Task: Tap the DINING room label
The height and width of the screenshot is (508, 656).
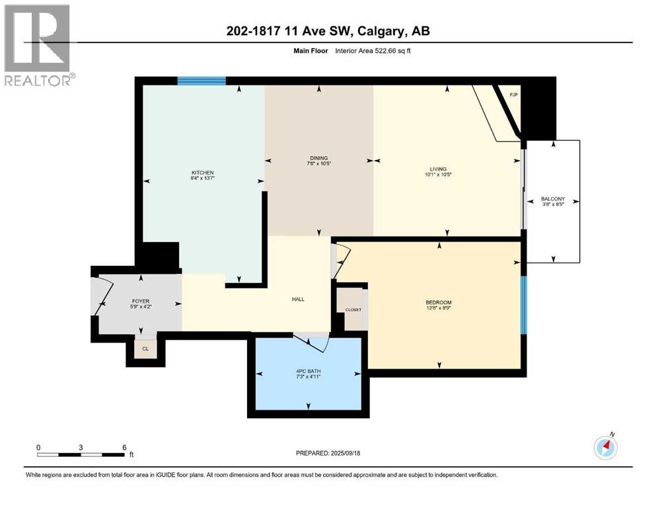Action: pyautogui.click(x=318, y=157)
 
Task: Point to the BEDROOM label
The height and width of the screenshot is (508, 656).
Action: pyautogui.click(x=438, y=303)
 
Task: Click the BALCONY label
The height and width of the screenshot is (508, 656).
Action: pyautogui.click(x=552, y=198)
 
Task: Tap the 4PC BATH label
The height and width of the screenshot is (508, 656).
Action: pyautogui.click(x=307, y=372)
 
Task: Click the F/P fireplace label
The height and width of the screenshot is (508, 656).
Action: pyautogui.click(x=513, y=95)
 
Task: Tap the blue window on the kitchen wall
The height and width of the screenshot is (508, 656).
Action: pyautogui.click(x=201, y=81)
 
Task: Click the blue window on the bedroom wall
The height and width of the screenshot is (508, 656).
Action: pyautogui.click(x=523, y=305)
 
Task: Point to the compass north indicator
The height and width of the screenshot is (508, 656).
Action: pyautogui.click(x=606, y=447)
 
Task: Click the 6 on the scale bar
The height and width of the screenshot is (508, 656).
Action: pyautogui.click(x=124, y=447)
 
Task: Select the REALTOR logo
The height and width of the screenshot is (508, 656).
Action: pyautogui.click(x=38, y=46)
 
